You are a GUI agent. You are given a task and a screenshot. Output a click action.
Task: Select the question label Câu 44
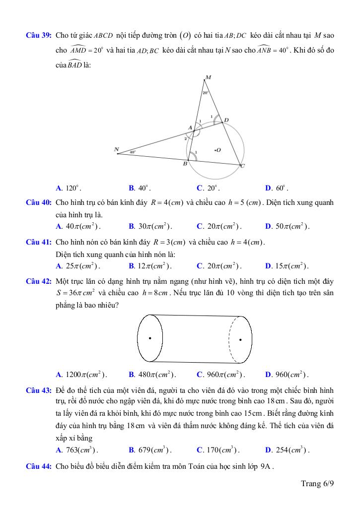pos(39,466)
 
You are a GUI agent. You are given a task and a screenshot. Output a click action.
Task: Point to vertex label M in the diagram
pos(208,77)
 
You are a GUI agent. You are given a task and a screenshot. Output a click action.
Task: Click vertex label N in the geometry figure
pos(117,149)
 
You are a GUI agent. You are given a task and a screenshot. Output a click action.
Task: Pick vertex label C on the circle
pos(242,167)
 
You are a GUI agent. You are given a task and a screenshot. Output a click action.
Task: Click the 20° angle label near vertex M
pos(205,93)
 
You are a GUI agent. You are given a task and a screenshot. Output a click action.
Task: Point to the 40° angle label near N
pos(133,152)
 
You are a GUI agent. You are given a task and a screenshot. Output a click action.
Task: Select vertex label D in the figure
pos(226,120)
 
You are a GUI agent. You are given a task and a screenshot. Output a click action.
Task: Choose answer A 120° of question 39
pos(69,189)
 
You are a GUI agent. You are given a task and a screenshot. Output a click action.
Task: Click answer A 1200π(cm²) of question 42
pos(81,375)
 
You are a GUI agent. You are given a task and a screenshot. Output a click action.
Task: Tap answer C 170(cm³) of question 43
pos(218,450)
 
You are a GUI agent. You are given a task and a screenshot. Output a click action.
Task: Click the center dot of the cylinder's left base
pos(150,338)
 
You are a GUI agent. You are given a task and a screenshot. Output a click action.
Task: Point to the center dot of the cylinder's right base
pos(241,340)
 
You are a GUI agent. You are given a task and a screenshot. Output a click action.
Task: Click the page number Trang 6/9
pos(317,484)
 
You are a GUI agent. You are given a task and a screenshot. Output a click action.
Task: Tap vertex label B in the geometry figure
pos(185,164)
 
